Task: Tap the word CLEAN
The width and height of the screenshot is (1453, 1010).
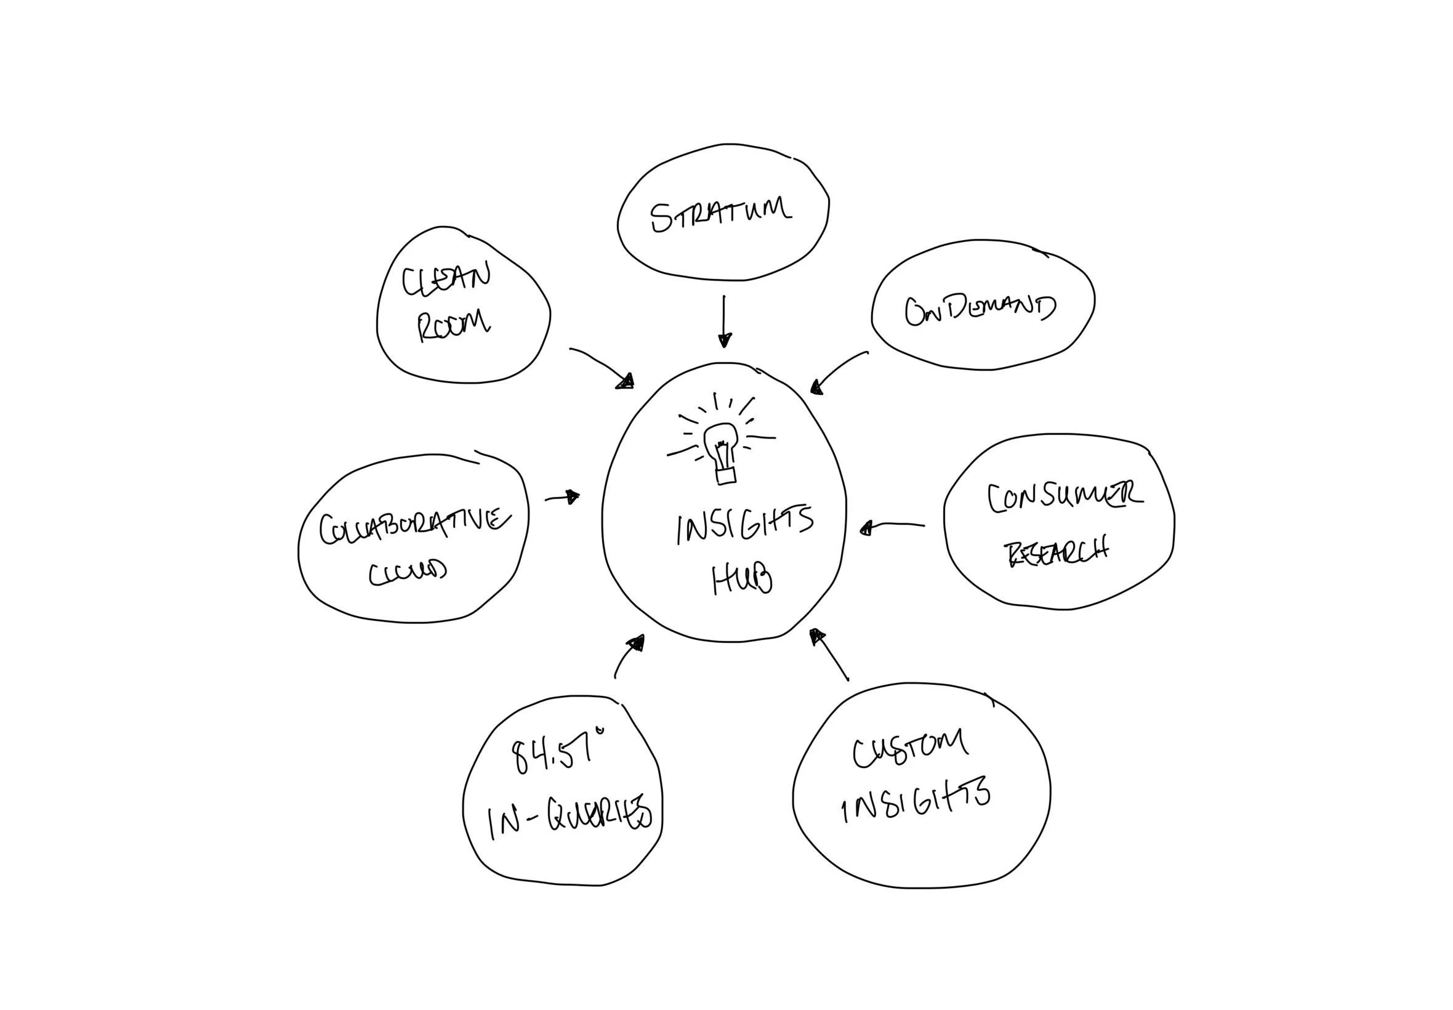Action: coord(446,278)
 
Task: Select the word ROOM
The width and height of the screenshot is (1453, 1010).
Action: coord(453,325)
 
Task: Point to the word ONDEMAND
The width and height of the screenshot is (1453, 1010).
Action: coord(979,311)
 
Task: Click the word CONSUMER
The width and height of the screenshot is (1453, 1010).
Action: coord(1065,499)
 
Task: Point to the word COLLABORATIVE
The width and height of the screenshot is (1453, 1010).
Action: coord(414,526)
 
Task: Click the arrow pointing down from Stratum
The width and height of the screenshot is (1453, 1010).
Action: coord(723,321)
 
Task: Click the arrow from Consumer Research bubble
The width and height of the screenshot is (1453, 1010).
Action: coord(892,525)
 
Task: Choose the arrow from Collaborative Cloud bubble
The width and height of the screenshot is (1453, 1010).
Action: coord(562,498)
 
